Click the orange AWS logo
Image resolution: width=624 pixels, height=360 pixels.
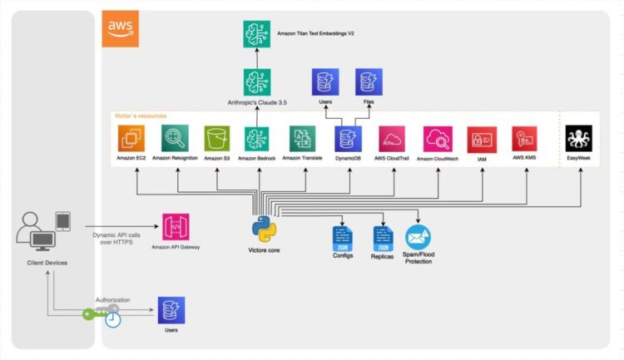120,29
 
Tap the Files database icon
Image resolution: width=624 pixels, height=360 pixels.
369,82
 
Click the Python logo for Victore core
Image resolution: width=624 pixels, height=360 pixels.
264,228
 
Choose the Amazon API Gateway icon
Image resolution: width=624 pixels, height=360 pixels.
176,227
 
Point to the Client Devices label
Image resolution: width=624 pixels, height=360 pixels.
44,263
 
